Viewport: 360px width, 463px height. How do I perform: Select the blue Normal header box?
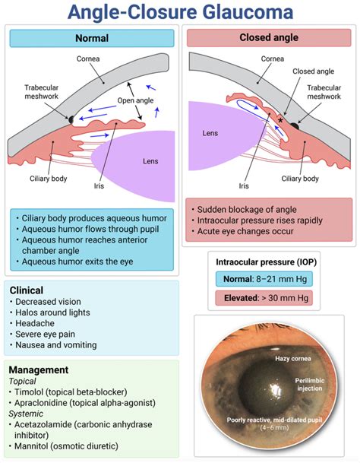(x=92, y=37)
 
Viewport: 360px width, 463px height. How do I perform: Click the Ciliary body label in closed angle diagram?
(x=300, y=179)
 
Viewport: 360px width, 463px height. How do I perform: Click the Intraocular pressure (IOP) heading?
(x=267, y=262)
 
